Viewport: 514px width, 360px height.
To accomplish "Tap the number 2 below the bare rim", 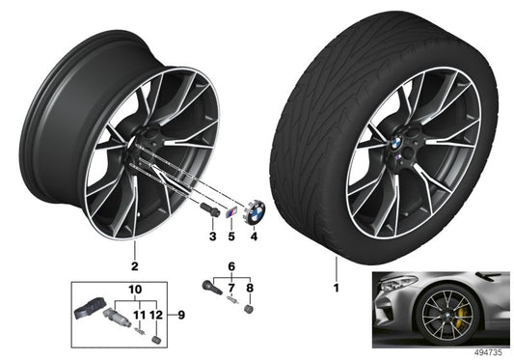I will [x=135, y=264].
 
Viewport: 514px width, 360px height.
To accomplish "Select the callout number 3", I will [x=211, y=235].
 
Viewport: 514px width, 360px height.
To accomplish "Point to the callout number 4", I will [x=255, y=235].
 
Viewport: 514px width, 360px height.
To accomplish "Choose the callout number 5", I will [x=231, y=235].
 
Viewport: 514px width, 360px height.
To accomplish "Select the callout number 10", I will [x=134, y=289].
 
